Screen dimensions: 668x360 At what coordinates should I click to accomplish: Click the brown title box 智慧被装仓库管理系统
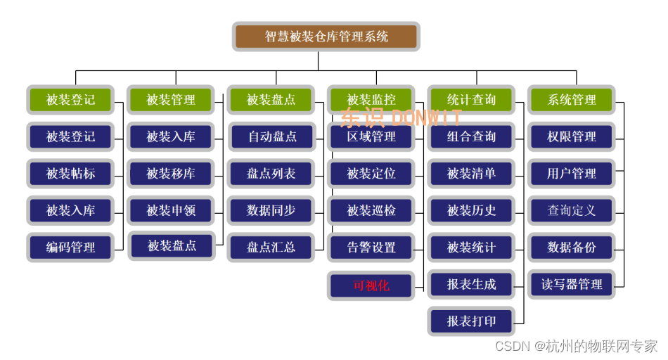326,37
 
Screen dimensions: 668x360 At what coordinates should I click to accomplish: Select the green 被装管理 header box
171,100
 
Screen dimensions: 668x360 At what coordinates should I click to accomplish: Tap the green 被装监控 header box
371,100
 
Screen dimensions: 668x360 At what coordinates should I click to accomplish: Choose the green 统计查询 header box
471,100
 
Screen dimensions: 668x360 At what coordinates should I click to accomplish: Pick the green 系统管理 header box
572,100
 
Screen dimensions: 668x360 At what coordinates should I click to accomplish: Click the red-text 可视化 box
371,285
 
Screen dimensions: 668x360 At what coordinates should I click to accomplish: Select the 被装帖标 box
70,174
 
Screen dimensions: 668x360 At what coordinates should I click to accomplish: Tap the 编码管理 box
70,247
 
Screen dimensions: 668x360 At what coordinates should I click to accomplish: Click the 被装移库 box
171,174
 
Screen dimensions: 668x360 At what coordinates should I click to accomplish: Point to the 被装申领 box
171,210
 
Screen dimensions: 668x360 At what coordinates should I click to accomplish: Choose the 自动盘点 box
271,136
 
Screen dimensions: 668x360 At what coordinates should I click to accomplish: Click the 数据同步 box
271,210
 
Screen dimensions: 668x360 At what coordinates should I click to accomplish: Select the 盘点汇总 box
271,247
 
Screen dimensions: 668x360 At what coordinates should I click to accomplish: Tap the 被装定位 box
371,174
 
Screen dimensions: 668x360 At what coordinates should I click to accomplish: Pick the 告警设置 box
371,247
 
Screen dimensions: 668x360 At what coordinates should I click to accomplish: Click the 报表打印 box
471,321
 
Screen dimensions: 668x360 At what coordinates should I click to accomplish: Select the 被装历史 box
471,210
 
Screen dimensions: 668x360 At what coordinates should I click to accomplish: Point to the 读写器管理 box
572,285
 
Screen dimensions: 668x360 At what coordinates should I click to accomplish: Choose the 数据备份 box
572,247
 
